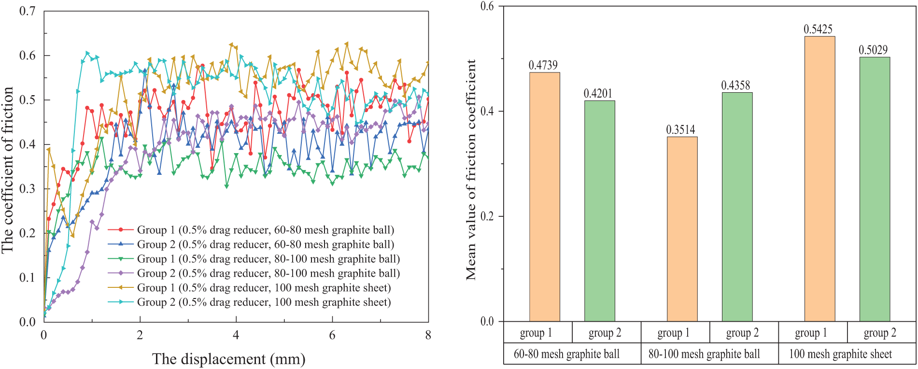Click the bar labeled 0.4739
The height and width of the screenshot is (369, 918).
[544, 197]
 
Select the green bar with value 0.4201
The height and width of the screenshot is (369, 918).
[599, 211]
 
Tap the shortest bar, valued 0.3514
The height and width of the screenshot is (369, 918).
[682, 229]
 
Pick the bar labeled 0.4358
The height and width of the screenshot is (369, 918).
[737, 207]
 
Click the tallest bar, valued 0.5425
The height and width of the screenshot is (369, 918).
[819, 179]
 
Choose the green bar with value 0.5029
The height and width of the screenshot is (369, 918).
[875, 189]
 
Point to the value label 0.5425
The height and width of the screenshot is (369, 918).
[818, 29]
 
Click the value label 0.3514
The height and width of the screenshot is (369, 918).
[680, 130]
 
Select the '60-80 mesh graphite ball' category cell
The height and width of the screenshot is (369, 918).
[566, 354]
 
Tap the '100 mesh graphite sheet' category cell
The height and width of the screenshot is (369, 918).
[840, 354]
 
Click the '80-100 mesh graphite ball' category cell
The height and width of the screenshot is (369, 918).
[704, 354]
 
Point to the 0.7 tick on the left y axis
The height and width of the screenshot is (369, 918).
[28, 11]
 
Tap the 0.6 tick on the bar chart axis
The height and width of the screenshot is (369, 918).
[488, 6]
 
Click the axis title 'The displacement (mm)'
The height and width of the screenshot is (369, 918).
[229, 359]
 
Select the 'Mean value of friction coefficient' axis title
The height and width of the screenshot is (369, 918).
[471, 169]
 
